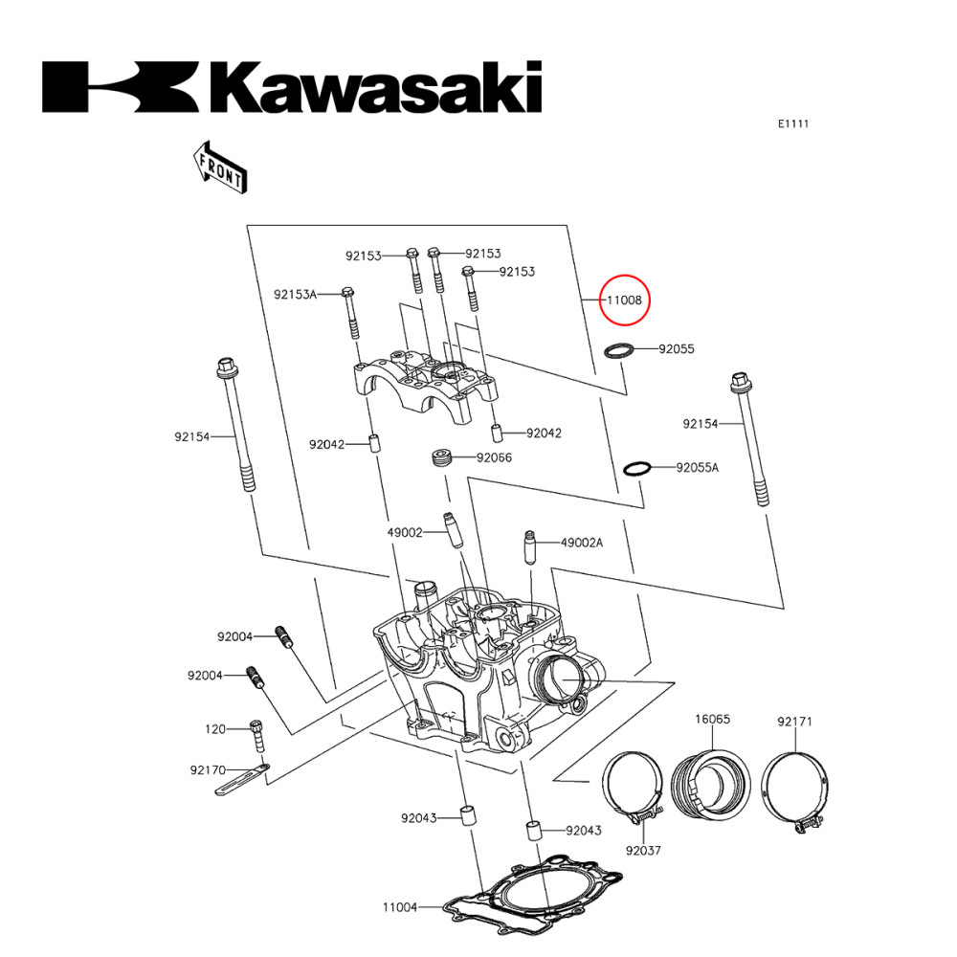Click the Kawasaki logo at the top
(292, 88)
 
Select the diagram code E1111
(793, 123)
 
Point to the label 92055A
(697, 468)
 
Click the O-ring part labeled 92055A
(637, 468)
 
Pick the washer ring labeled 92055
(620, 350)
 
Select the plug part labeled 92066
(442, 458)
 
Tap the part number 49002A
(582, 543)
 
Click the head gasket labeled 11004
(536, 900)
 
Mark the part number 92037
(644, 850)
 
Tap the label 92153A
(295, 294)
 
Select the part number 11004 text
(400, 906)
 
